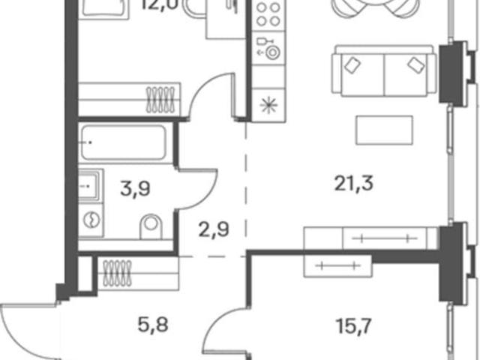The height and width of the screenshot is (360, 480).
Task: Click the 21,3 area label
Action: coord(353,184)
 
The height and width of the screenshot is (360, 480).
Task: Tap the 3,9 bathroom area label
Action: coord(135,188)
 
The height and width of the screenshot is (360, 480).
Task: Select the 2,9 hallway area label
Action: coord(214,230)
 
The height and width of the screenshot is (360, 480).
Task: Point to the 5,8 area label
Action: coord(153,325)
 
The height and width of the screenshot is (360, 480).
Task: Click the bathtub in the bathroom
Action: coord(124,142)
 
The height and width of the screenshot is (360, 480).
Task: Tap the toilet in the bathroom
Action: coord(151,226)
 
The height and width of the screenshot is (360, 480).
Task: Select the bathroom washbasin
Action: coord(89,186)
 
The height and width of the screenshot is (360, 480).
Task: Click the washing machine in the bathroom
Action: coord(91,220)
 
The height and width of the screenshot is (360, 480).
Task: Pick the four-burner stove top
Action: coord(268,13)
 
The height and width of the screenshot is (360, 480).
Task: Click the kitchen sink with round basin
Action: coord(268,48)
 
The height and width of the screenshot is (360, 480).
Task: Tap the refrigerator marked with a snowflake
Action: coord(268,105)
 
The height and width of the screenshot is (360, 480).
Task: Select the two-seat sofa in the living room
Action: coord(384,70)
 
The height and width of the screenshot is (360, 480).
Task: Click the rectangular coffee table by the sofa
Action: coord(384,130)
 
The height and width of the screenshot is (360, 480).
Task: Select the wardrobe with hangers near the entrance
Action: coord(138,273)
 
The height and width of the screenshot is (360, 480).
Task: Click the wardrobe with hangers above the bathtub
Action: coord(130,100)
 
